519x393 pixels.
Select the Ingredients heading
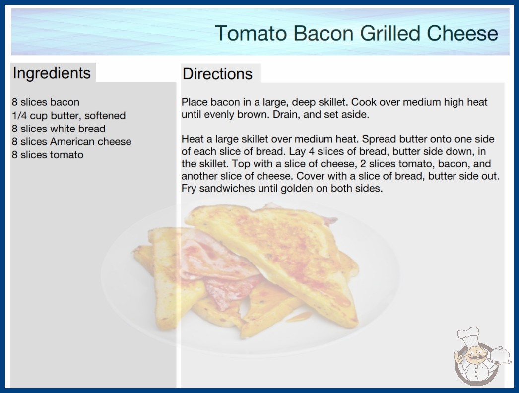(52, 73)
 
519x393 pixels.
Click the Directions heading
(217, 74)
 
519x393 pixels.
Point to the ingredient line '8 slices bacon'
(46, 102)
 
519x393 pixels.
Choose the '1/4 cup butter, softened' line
(69, 116)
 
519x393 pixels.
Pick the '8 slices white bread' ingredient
(59, 129)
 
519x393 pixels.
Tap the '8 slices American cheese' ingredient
(71, 142)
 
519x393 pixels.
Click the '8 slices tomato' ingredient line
(48, 155)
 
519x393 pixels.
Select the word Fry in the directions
(189, 189)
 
